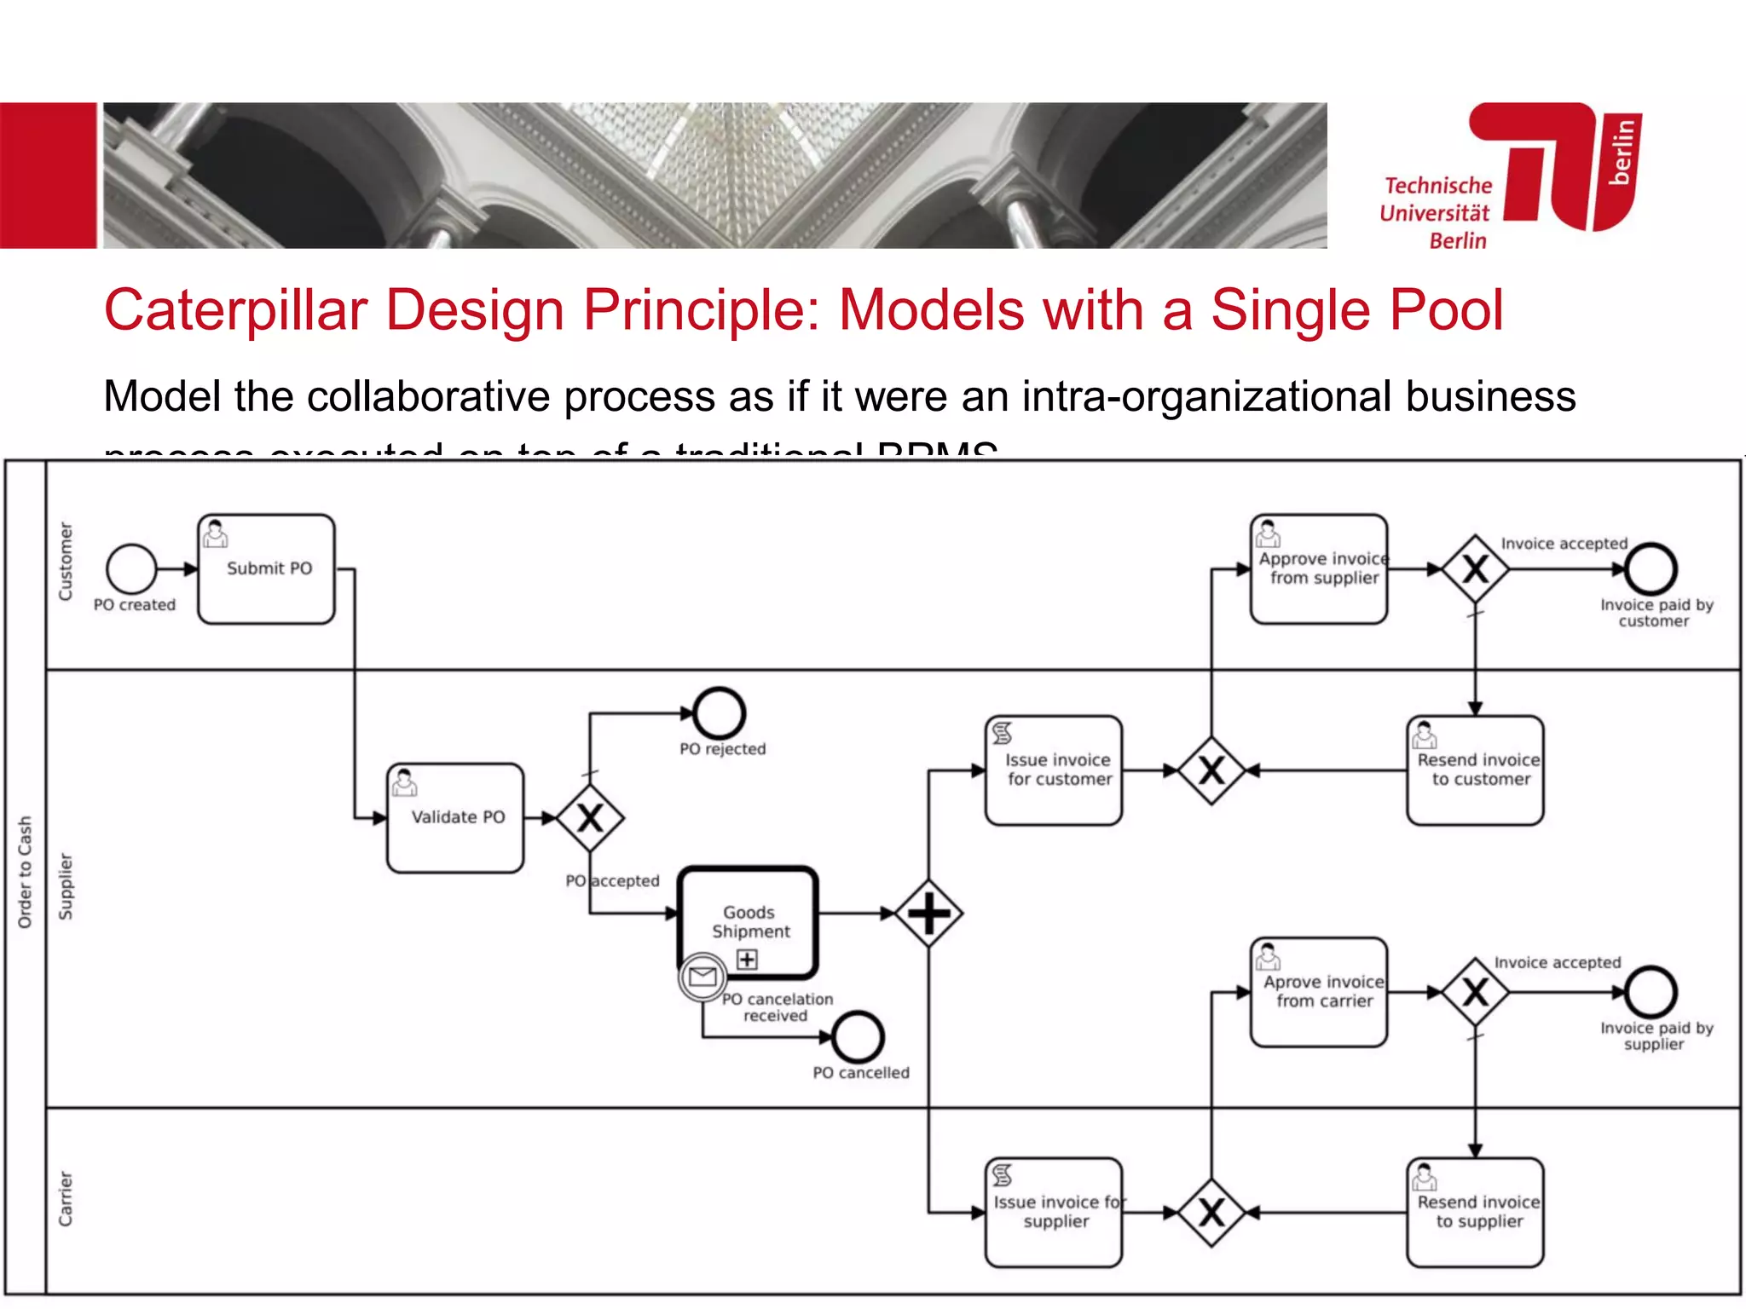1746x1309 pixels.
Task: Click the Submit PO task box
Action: click(x=266, y=568)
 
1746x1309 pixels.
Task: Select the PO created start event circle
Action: click(x=131, y=568)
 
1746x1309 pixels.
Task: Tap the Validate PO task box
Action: click(x=455, y=817)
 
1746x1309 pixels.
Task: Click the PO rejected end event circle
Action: click(x=719, y=713)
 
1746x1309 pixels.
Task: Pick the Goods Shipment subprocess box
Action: click(x=749, y=922)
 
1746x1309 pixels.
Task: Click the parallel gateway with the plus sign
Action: click(x=928, y=914)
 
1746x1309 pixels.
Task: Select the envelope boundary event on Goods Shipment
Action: click(x=702, y=977)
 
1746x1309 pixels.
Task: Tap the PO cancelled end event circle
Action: click(x=858, y=1036)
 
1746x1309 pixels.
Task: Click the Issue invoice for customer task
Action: click(x=1054, y=770)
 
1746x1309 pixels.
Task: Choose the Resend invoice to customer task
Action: click(x=1475, y=770)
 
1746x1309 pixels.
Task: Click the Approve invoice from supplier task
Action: click(x=1319, y=568)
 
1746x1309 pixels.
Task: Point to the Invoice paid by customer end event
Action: click(x=1651, y=568)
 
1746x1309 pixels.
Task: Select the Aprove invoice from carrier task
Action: click(x=1319, y=991)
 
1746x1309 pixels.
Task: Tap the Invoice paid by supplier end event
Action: click(x=1651, y=992)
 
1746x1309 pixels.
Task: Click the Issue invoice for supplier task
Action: click(x=1054, y=1212)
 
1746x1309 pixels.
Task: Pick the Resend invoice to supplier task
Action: click(x=1475, y=1212)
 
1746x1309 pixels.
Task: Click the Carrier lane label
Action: click(x=66, y=1198)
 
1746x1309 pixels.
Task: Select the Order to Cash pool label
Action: click(x=25, y=871)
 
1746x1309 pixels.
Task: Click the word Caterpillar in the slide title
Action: click(x=234, y=309)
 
